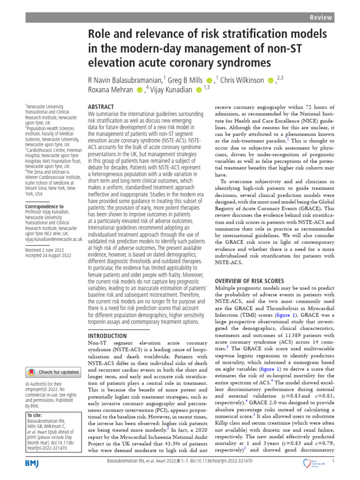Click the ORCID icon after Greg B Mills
209,81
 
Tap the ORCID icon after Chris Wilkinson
270,81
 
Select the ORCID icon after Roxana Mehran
139,90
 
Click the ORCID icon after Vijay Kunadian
199,90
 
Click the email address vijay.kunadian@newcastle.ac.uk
54,239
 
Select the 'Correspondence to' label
45,206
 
